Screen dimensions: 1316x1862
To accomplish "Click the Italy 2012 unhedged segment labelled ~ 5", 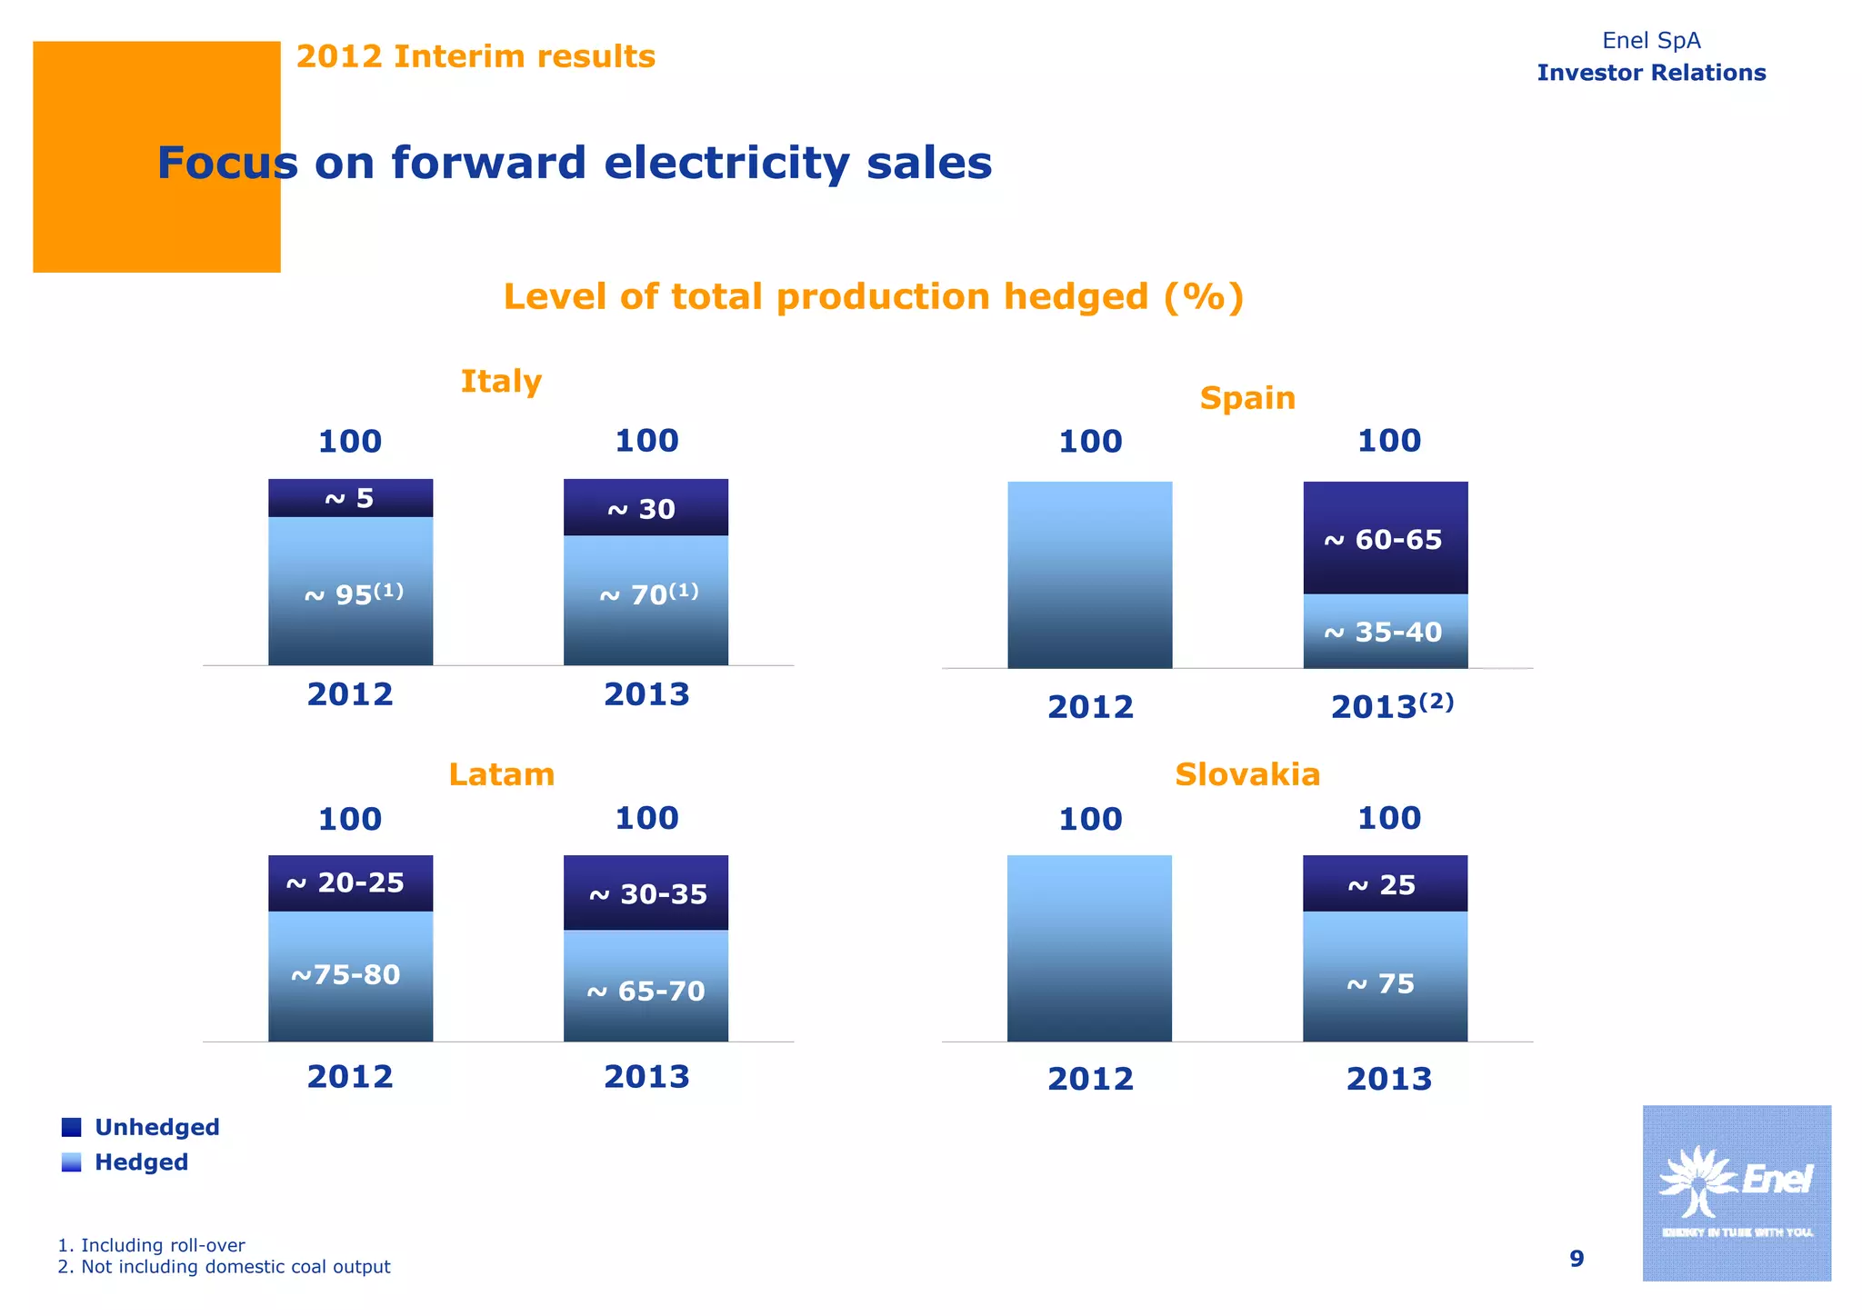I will point(350,498).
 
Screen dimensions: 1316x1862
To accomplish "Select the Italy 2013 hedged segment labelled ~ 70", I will point(646,600).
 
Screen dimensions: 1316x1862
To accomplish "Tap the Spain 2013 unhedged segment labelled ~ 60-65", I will point(1385,538).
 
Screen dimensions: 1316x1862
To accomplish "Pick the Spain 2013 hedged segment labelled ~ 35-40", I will point(1385,632).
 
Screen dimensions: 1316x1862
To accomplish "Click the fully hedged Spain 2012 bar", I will point(1089,574).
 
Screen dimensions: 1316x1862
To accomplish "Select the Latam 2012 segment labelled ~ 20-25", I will point(350,883).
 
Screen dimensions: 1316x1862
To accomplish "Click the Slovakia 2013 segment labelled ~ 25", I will point(1385,883).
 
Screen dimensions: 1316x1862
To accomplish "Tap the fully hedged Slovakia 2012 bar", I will point(1089,948).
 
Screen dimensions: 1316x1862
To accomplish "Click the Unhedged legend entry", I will point(142,1127).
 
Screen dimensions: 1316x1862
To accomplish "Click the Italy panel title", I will point(501,381).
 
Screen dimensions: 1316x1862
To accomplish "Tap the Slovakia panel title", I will point(1246,774).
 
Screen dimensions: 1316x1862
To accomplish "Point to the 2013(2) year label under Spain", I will point(1391,706).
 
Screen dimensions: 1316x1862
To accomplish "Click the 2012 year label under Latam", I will point(350,1077).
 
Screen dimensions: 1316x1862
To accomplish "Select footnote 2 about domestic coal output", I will point(225,1267).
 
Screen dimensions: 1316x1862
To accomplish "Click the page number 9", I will point(1577,1259).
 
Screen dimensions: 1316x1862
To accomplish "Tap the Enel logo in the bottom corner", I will point(1736,1192).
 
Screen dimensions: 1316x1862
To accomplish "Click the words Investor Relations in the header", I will point(1651,73).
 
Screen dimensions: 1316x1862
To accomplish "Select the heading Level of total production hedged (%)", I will point(873,297).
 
